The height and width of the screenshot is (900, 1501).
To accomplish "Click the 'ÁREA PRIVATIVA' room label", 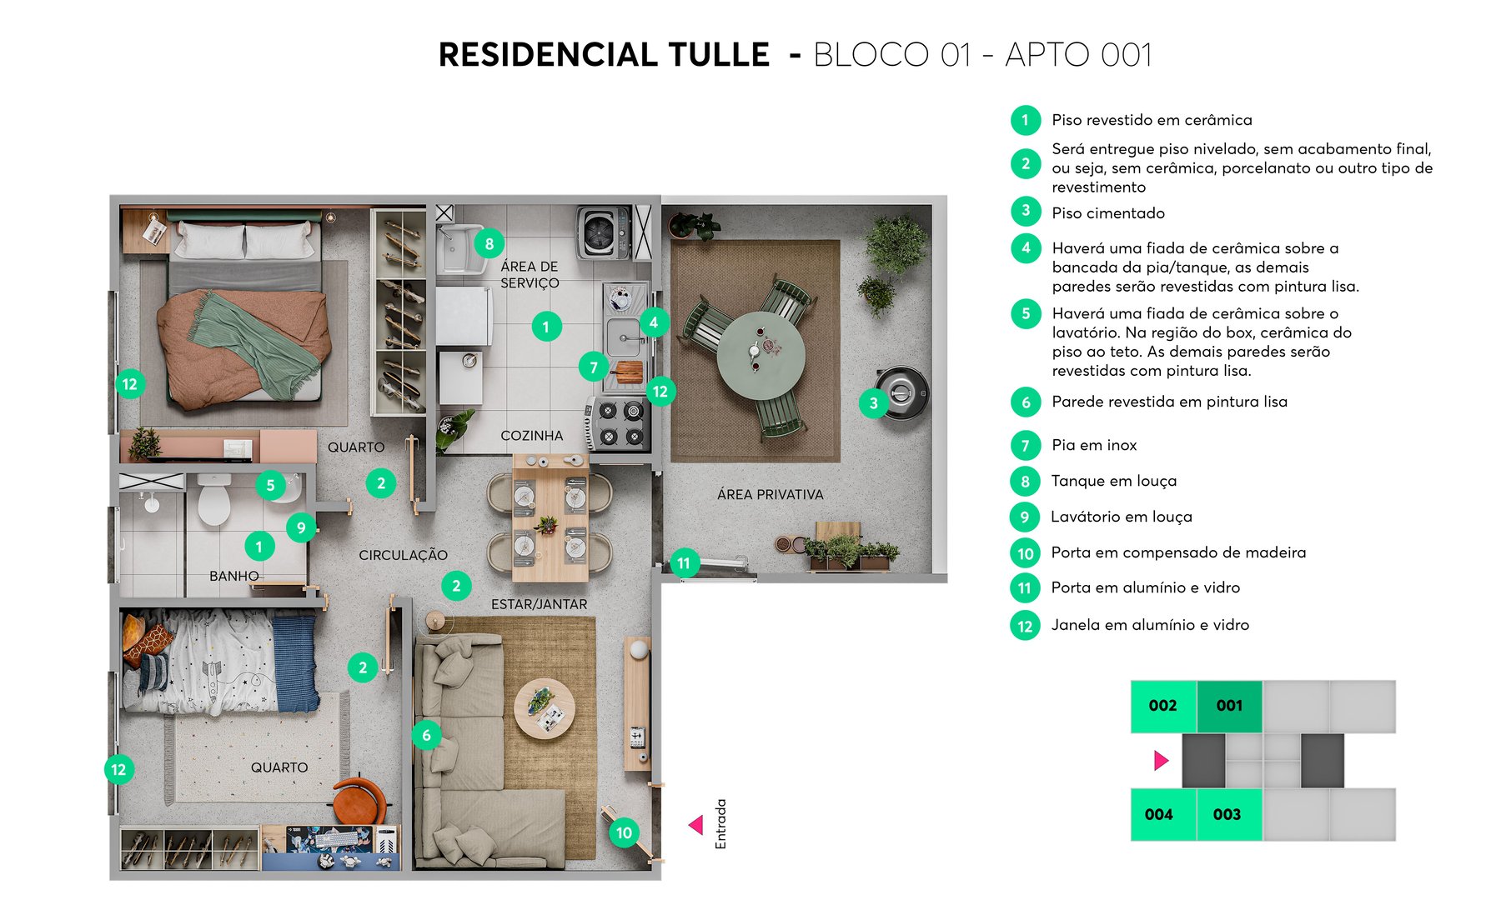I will pos(770,494).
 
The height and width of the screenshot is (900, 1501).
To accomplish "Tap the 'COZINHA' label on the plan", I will pos(531,436).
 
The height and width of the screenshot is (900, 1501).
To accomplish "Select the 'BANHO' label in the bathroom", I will pos(234,576).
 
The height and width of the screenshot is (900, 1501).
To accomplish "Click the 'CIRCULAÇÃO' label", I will pos(403,555).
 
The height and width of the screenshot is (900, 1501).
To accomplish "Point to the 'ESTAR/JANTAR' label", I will pos(539,604).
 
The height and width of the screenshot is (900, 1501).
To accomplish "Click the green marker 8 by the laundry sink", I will pos(489,244).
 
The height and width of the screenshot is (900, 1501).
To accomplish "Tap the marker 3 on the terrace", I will pos(873,404).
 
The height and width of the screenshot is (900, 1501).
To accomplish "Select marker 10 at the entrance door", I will pos(624,832).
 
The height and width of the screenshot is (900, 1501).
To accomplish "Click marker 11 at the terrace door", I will pos(684,563).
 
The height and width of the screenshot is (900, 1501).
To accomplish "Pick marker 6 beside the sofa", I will pos(426,735).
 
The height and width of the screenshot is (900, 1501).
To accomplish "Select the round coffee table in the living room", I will pos(544,709).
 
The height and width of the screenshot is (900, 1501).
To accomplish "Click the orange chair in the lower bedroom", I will pos(359,801).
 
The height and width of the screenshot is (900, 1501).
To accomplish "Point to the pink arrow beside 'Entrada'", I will pos(695,825).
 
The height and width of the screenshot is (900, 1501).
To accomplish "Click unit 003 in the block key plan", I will pos(1227,814).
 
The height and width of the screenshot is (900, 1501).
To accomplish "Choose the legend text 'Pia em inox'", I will pos(1094,445).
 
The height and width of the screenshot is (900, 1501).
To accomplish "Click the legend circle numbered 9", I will pos(1025,517).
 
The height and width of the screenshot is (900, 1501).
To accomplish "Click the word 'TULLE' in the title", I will pos(719,55).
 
